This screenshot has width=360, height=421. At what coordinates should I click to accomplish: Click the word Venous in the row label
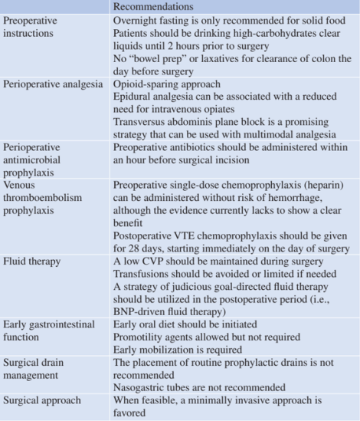pos(21,163)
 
